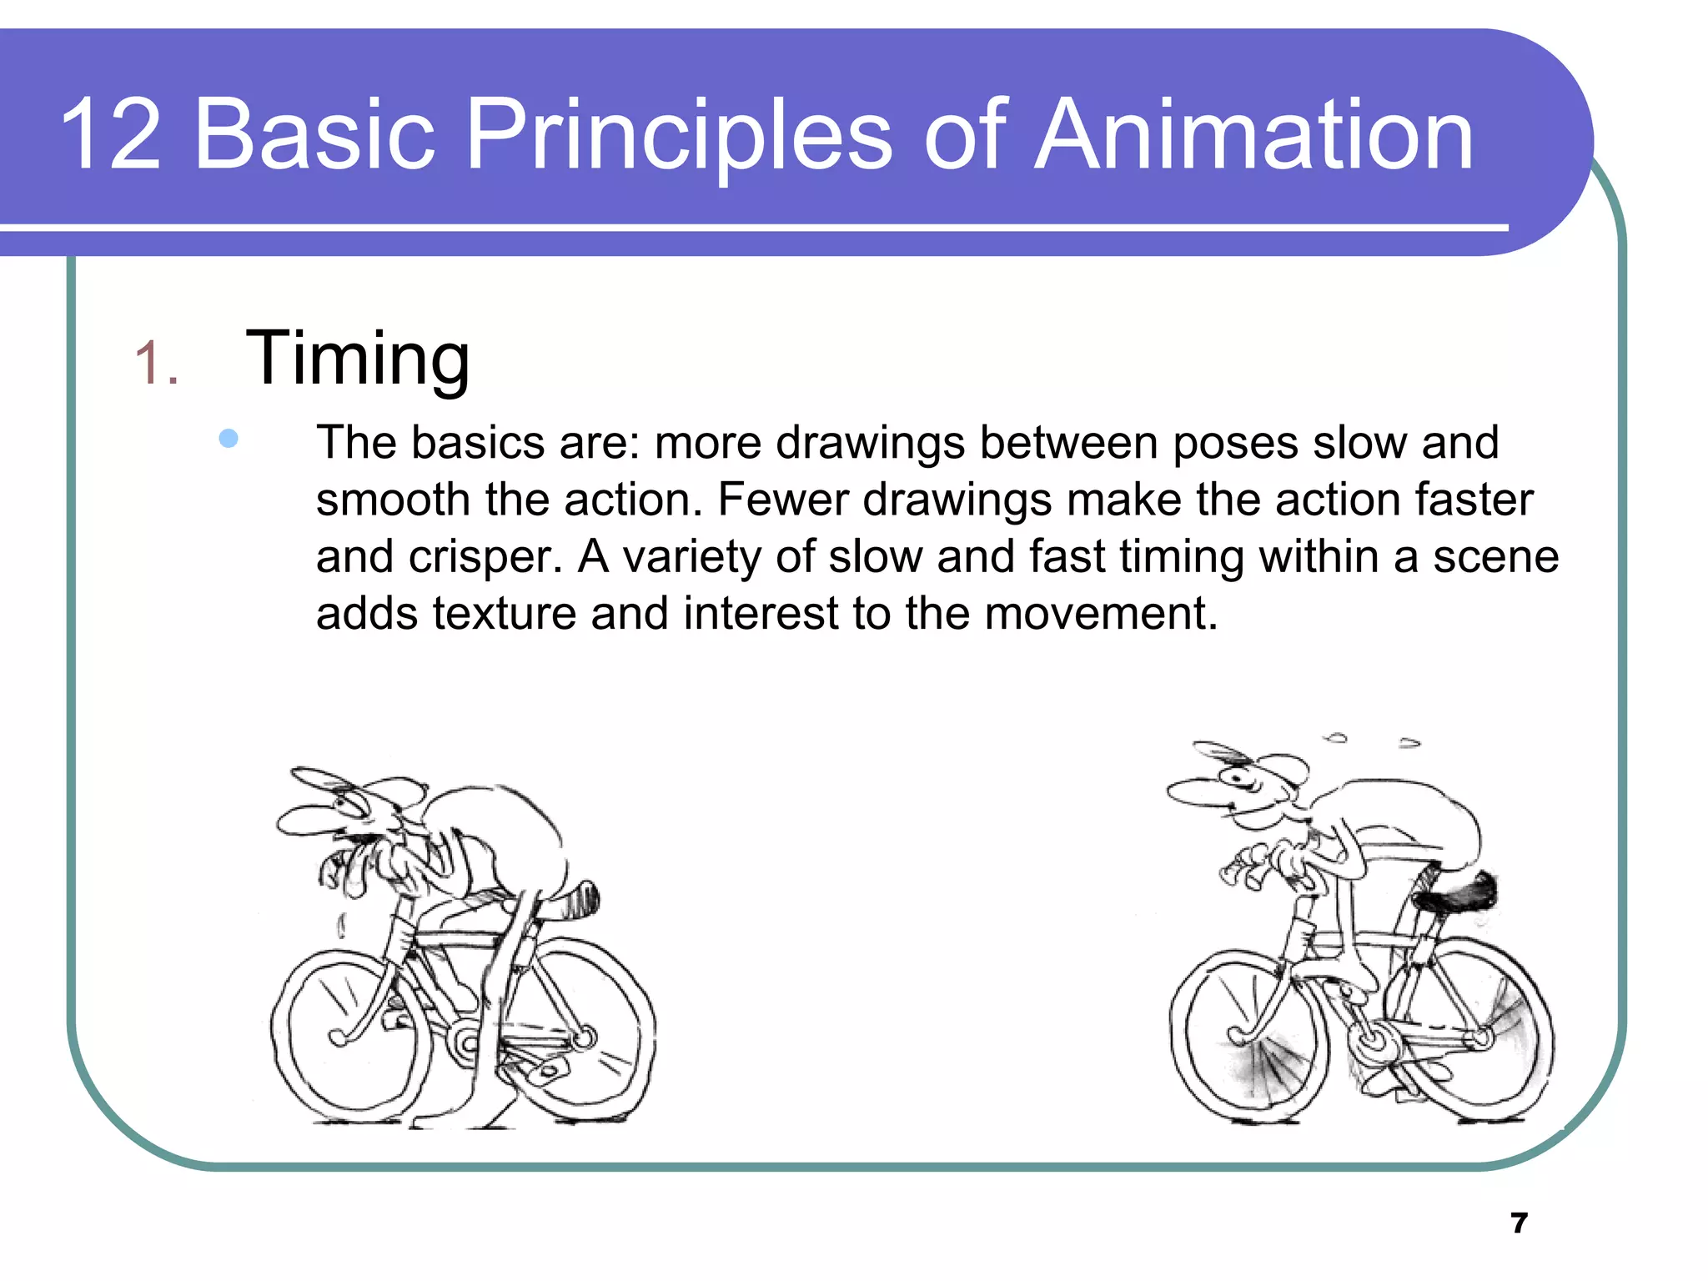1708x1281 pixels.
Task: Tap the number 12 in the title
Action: pos(110,135)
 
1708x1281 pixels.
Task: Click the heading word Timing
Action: pos(358,359)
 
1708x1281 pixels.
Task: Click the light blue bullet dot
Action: pos(229,439)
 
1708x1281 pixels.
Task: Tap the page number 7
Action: pos(1519,1223)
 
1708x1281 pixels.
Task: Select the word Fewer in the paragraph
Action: pos(782,500)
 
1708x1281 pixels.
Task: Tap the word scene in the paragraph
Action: pos(1495,557)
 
